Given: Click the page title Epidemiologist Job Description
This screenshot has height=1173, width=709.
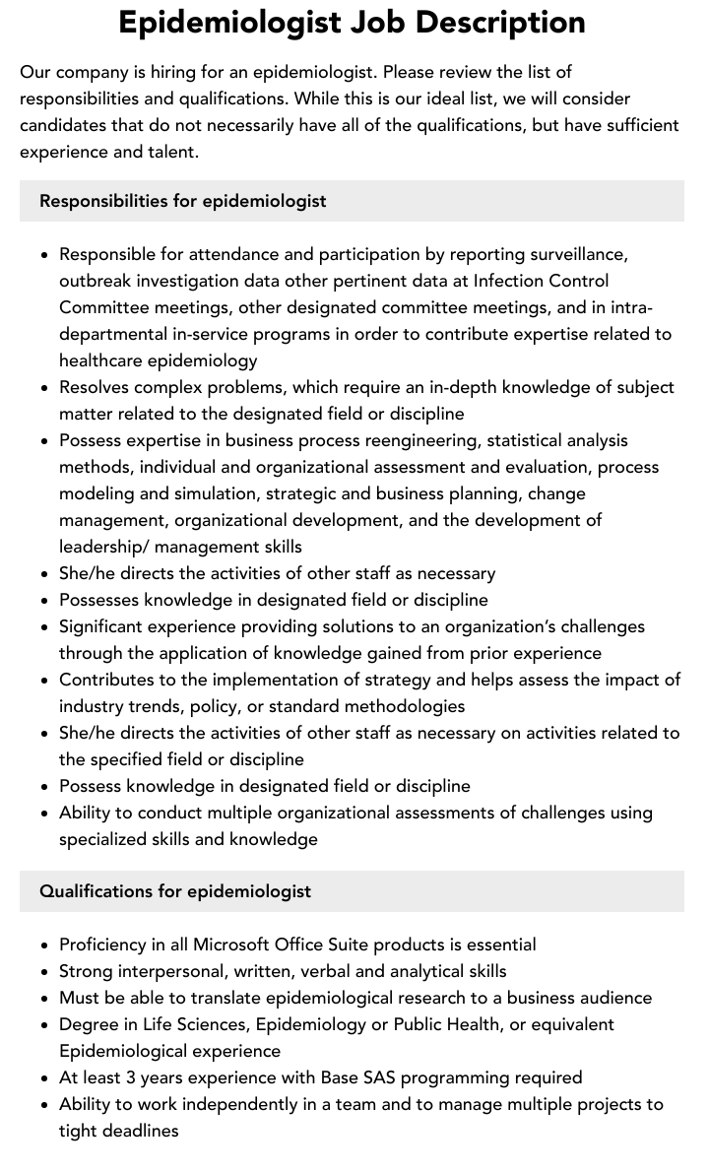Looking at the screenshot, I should tap(352, 22).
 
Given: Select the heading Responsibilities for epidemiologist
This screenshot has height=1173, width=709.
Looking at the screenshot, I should tap(183, 201).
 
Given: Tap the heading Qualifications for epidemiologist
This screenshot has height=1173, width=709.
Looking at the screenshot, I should tap(175, 891).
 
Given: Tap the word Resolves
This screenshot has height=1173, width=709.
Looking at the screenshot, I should tap(94, 387).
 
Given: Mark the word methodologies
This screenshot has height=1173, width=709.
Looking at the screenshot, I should tap(397, 706).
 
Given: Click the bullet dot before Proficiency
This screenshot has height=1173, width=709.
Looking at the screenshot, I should tap(45, 945).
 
